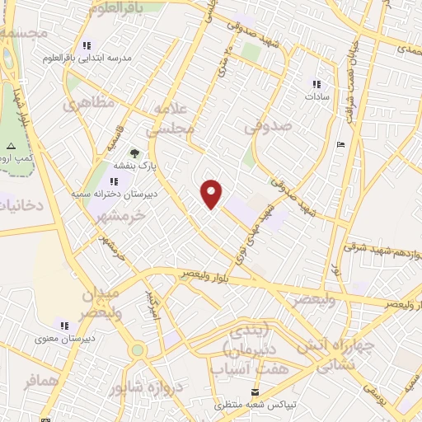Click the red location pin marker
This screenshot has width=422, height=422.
[x=212, y=194]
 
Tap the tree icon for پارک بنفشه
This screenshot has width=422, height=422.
[x=134, y=153]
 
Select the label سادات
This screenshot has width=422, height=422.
[x=316, y=96]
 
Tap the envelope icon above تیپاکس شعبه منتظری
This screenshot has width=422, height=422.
[x=255, y=392]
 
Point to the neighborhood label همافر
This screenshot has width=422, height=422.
[x=30, y=380]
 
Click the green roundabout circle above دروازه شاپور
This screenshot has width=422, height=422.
[x=137, y=349]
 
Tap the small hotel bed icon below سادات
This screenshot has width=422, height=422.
[x=341, y=146]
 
